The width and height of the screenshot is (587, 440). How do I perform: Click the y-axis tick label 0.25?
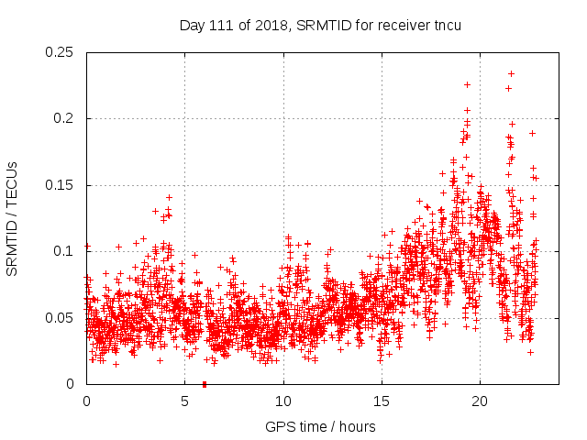(x=61, y=52)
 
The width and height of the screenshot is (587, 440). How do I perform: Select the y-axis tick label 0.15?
(x=61, y=185)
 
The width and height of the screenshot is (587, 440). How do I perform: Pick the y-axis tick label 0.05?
(x=61, y=318)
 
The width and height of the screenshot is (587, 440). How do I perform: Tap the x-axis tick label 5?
(x=184, y=401)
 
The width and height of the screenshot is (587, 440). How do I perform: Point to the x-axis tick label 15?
(x=381, y=401)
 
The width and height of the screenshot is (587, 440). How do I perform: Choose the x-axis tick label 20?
(x=479, y=401)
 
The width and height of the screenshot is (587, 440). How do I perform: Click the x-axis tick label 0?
(x=86, y=401)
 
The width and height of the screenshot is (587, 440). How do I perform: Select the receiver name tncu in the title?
(x=445, y=25)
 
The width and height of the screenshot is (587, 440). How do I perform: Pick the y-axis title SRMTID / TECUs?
(x=13, y=218)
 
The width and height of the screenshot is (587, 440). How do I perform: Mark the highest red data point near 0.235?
(x=511, y=73)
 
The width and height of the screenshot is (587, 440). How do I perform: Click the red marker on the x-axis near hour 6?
(x=204, y=384)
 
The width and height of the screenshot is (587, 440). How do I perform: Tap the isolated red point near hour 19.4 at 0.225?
(x=467, y=84)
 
